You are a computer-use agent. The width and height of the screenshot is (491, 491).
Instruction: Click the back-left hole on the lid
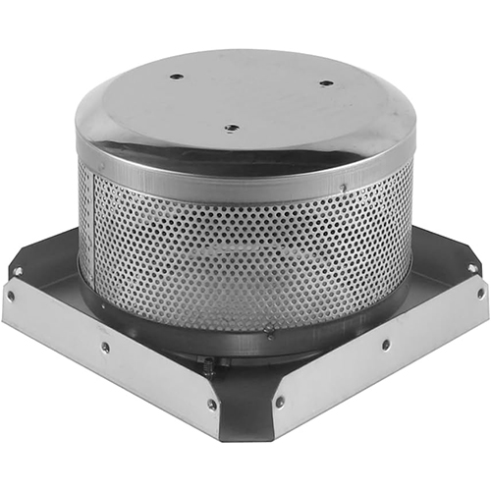176,76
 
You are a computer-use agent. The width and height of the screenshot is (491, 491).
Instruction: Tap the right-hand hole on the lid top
326,83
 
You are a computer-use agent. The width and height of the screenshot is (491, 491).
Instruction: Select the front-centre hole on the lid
230,127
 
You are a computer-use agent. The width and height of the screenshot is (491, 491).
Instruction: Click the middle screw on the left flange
105,346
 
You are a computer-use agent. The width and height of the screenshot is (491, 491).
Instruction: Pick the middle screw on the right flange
385,344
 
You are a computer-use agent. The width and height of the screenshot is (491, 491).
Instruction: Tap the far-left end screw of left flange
11,294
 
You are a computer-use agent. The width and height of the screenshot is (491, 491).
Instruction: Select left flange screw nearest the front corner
211,403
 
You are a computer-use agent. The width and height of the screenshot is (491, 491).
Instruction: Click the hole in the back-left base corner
19,271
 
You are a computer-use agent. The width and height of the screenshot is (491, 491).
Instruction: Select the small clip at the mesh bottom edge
268,332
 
